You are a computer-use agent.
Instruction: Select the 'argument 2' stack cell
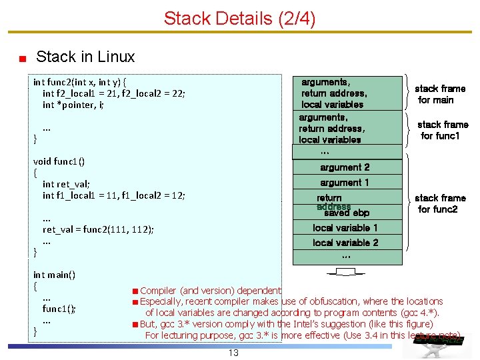[345, 167]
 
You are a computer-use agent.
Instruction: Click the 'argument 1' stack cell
[345, 183]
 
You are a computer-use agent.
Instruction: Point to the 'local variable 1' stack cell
[345, 228]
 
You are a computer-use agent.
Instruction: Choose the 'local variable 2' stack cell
[345, 243]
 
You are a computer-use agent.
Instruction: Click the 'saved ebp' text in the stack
[347, 213]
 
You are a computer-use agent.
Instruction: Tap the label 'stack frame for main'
[439, 94]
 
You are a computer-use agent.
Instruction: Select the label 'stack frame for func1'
[442, 130]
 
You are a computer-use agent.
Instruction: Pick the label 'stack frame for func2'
[439, 203]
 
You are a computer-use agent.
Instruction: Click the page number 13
[233, 353]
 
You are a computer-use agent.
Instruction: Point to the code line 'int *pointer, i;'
[73, 105]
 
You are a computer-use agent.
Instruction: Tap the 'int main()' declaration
[54, 275]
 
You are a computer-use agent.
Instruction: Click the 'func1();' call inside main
[59, 309]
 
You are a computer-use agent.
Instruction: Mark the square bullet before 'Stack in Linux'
[22, 59]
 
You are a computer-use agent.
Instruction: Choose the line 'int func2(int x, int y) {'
[80, 82]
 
